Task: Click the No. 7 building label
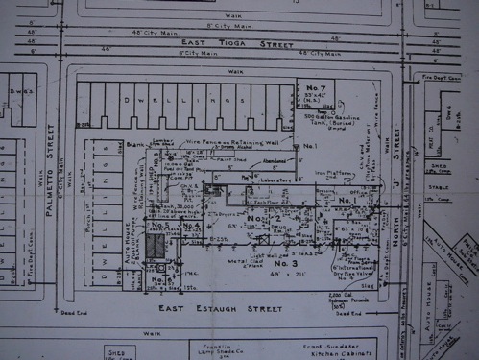click(x=313, y=88)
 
